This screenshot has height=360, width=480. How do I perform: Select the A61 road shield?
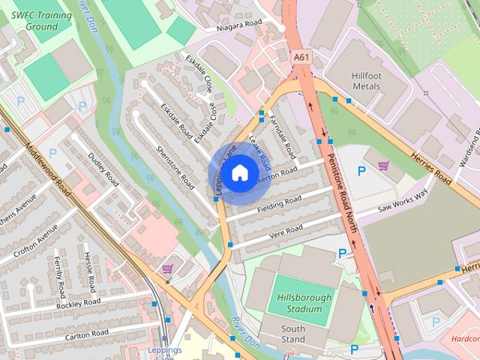(x=301, y=56)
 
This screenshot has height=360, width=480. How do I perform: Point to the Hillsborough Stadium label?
(x=304, y=303)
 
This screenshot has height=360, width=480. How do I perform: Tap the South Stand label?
(x=293, y=334)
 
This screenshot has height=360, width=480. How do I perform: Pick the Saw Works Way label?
(x=402, y=199)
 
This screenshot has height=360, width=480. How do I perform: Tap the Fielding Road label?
(x=278, y=203)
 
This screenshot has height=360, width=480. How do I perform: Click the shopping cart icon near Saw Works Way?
(x=383, y=165)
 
